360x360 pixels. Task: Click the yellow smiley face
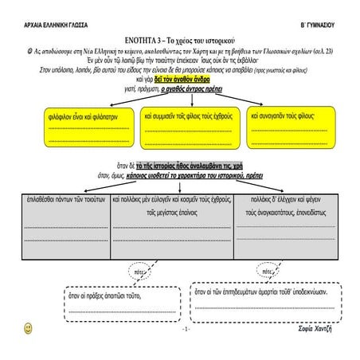29,327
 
